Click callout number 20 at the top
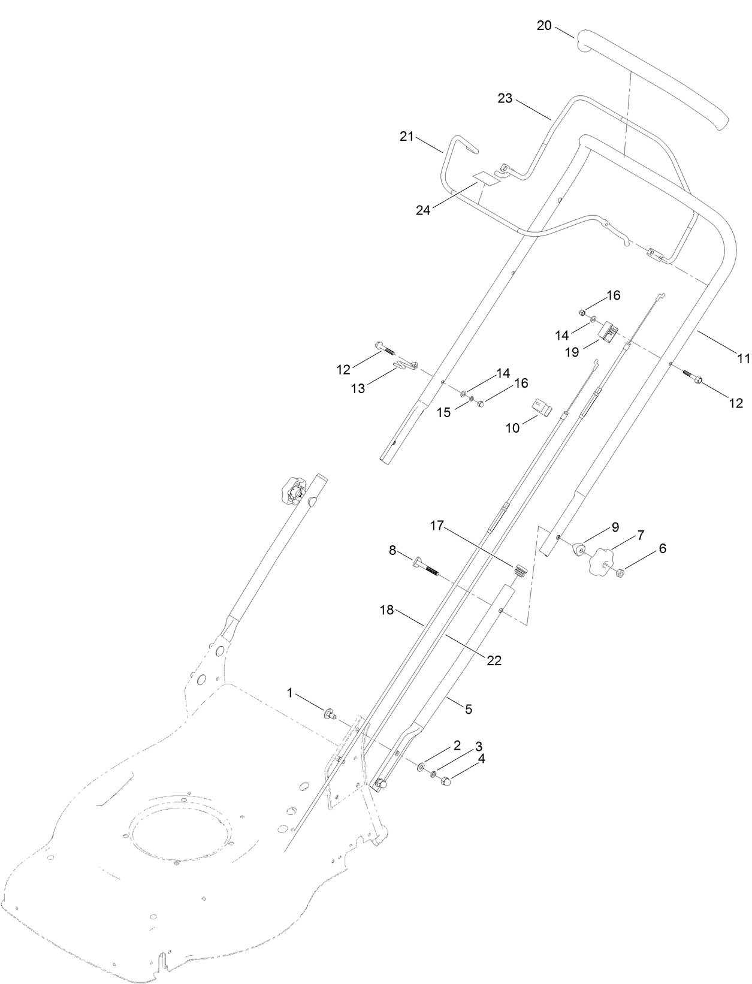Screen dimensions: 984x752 544,26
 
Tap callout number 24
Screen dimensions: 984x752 424,210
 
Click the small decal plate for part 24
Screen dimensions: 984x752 486,178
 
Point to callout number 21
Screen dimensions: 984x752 407,137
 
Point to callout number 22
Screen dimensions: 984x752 494,660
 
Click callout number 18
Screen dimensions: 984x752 387,610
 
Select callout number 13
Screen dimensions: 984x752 358,389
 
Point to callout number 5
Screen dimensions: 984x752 469,709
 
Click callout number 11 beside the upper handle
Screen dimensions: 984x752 744,358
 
